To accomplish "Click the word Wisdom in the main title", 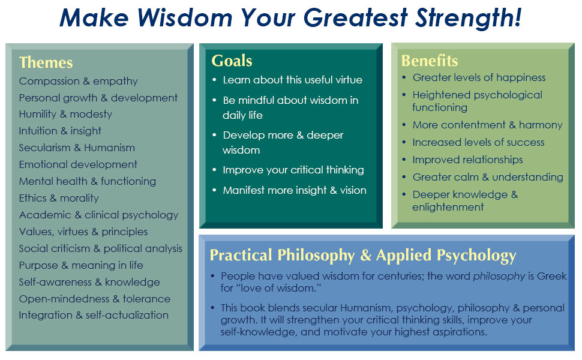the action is (x=185, y=17).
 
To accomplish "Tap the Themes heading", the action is (x=46, y=62).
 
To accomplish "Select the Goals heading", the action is (x=232, y=61).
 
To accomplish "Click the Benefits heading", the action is (x=430, y=61).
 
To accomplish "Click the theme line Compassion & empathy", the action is (x=79, y=81).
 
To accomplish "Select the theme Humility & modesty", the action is (x=65, y=114).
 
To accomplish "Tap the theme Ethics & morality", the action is (x=59, y=198).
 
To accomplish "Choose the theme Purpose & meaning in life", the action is (x=81, y=265).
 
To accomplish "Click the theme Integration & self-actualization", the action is (x=94, y=315).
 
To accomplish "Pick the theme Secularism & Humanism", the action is (x=77, y=148).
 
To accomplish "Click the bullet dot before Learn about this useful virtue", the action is (x=214, y=80).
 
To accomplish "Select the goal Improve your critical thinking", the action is (x=293, y=170).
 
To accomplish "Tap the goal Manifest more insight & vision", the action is (x=295, y=190).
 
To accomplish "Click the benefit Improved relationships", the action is (x=467, y=160).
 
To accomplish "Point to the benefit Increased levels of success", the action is (x=478, y=142).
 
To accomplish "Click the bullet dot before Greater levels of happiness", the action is (x=404, y=77).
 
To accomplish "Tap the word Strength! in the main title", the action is (x=469, y=17).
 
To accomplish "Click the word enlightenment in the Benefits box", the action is (x=448, y=207).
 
